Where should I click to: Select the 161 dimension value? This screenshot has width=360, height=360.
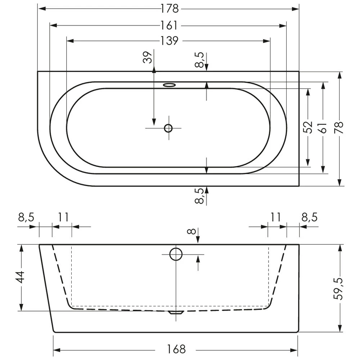click(168, 25)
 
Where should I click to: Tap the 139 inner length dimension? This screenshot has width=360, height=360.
click(168, 41)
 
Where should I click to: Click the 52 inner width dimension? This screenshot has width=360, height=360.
click(308, 127)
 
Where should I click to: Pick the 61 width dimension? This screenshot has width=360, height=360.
click(323, 127)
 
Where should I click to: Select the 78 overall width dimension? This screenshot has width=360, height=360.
click(339, 127)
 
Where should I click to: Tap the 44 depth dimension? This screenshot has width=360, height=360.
click(21, 277)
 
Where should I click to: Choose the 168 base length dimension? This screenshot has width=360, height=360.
click(176, 349)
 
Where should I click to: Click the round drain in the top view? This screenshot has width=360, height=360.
click(168, 128)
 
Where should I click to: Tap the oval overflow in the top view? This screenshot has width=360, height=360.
click(169, 85)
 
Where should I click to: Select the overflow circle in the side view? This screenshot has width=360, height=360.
click(176, 254)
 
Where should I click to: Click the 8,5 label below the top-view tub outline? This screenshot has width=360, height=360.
click(201, 196)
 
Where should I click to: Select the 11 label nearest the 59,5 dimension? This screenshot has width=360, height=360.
click(276, 217)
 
